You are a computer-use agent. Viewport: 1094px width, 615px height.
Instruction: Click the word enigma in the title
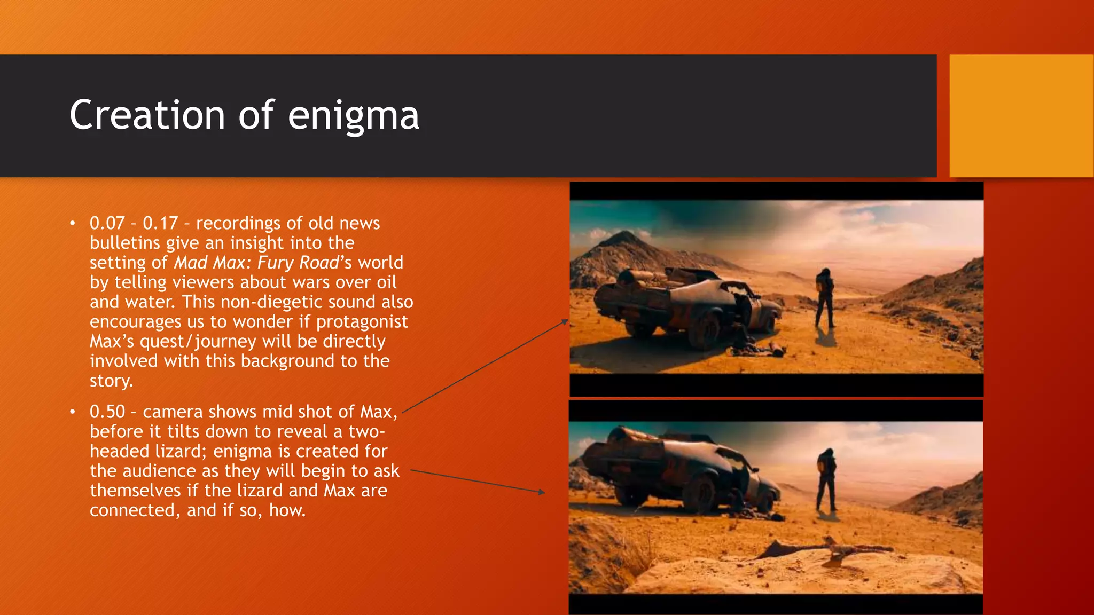[353, 116]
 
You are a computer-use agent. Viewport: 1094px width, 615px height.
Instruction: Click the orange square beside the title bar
[1021, 116]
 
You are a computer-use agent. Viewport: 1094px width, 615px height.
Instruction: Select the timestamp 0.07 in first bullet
[107, 223]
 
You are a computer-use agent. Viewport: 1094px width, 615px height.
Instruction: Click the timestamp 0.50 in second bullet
[107, 412]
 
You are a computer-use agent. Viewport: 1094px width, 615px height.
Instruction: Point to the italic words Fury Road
[298, 263]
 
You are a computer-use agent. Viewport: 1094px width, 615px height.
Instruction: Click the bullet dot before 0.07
[73, 223]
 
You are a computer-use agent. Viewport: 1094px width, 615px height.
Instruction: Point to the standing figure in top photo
[825, 298]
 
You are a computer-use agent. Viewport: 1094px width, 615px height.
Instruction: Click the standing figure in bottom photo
[826, 478]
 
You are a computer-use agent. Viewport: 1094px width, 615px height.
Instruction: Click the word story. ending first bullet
[111, 381]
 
